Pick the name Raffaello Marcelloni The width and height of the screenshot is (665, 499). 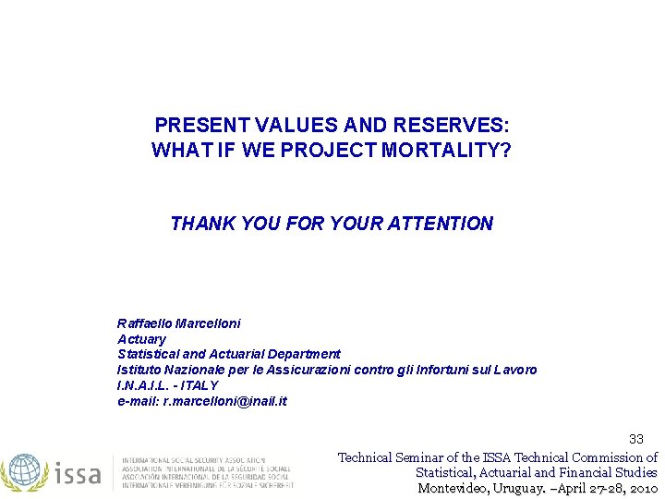pyautogui.click(x=179, y=323)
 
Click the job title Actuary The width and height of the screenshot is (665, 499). pyautogui.click(x=141, y=339)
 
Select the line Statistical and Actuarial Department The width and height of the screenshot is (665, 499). pyautogui.click(x=229, y=354)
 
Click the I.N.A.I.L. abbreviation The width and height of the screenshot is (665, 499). pyautogui.click(x=146, y=385)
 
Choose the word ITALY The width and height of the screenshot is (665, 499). pyautogui.click(x=200, y=385)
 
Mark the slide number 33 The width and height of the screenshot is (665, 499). pyautogui.click(x=636, y=439)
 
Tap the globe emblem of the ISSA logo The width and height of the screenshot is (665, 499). pyautogui.click(x=25, y=470)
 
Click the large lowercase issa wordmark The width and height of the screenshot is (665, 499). pyautogui.click(x=79, y=473)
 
